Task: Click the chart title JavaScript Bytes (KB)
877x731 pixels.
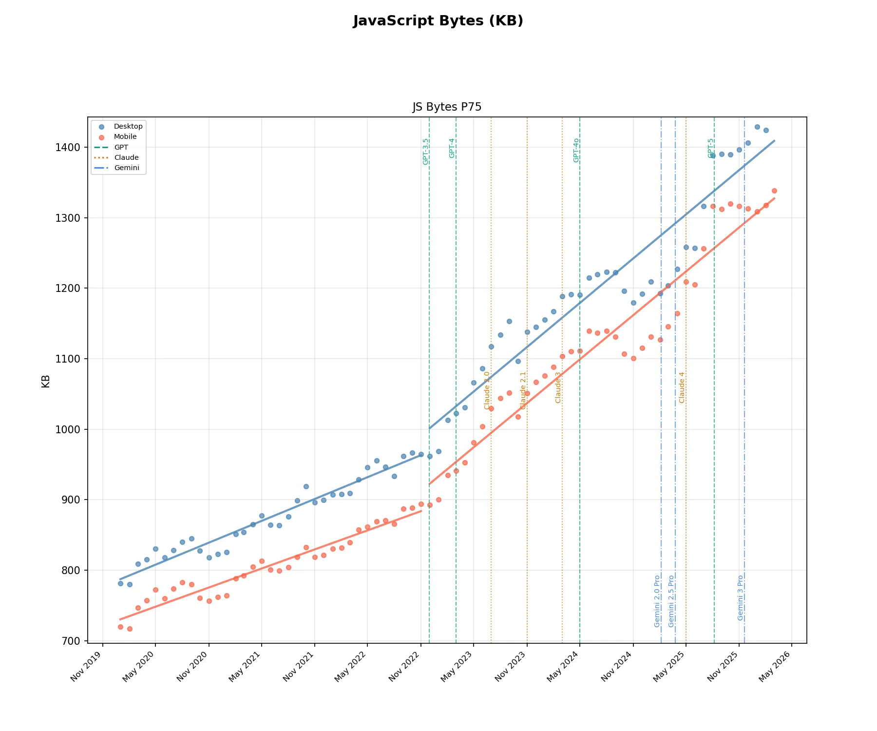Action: (438, 21)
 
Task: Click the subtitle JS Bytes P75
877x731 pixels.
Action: (447, 107)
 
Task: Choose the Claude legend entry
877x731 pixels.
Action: (126, 157)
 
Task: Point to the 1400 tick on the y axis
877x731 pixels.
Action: (68, 148)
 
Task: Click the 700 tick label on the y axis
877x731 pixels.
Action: (71, 641)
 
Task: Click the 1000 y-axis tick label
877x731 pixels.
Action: (68, 430)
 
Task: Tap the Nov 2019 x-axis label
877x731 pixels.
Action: (89, 667)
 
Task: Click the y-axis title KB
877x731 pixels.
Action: (46, 381)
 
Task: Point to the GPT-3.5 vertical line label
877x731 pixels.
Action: (426, 152)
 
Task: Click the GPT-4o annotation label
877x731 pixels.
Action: (576, 150)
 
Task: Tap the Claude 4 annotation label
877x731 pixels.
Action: (682, 387)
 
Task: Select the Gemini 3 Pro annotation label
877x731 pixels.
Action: (741, 597)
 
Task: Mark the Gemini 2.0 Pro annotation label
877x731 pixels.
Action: (657, 601)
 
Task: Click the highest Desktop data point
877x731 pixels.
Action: (757, 127)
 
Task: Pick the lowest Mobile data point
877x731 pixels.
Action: (130, 629)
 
